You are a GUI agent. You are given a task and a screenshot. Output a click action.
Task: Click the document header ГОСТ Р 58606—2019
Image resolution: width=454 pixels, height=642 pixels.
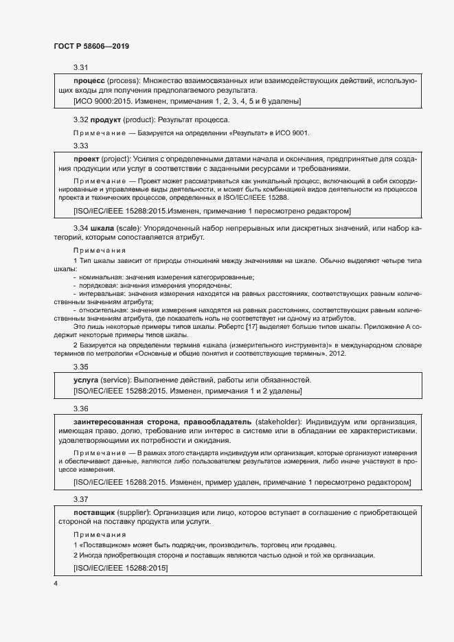91,46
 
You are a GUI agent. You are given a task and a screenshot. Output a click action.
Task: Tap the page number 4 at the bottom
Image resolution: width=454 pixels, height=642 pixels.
56,583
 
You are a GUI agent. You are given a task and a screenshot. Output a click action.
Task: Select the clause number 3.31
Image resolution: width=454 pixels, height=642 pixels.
80,67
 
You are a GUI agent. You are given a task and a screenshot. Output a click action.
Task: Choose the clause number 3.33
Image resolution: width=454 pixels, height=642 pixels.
80,146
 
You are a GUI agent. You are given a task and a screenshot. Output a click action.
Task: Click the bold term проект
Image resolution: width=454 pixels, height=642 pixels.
87,159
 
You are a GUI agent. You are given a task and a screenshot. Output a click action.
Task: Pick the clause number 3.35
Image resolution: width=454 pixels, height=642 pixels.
80,367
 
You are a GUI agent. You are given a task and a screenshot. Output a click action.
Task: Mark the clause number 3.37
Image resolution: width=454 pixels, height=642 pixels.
80,499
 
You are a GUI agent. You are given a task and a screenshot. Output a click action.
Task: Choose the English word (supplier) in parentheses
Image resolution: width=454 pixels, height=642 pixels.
135,512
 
